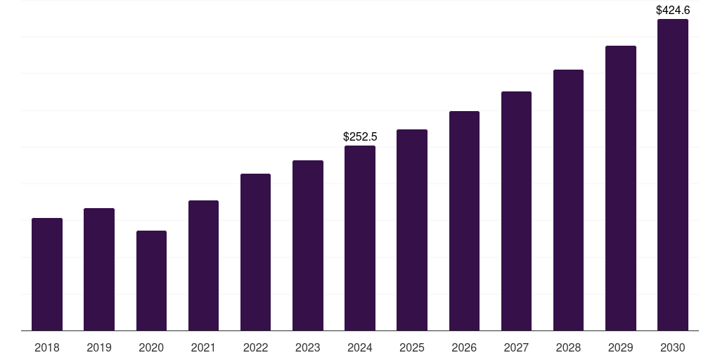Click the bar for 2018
(x=47, y=274)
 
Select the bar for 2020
(x=151, y=281)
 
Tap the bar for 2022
(x=255, y=252)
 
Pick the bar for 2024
(x=360, y=238)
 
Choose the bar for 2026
(x=464, y=221)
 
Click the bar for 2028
(x=568, y=200)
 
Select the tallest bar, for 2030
(x=673, y=174)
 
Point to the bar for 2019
(x=99, y=269)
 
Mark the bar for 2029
(x=621, y=188)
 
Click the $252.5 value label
(x=360, y=136)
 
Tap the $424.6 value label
(x=673, y=10)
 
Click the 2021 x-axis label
(x=203, y=347)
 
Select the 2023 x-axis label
(x=308, y=347)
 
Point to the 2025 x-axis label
(x=412, y=347)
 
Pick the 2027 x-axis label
(x=516, y=347)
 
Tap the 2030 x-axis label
(x=673, y=347)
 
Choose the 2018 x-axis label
(x=47, y=347)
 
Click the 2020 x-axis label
(x=151, y=347)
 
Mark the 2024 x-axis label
(x=360, y=347)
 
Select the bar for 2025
(x=412, y=230)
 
